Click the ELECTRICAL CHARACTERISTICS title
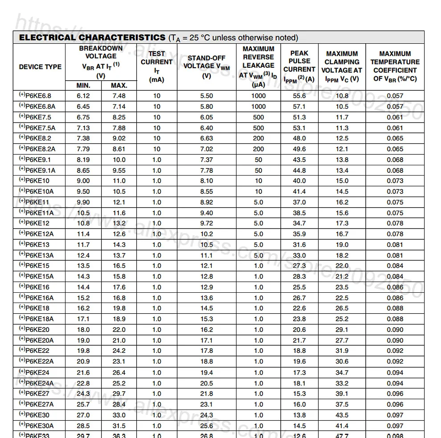pos(92,37)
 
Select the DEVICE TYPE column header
pos(40,67)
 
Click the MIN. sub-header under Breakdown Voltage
pos(83,86)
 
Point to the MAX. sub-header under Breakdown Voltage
pos(119,86)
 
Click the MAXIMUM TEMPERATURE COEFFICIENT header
pos(395,66)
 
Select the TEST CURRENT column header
pos(156,66)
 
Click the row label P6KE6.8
pos(38,96)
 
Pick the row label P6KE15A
pos(40,276)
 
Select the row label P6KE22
pos(38,351)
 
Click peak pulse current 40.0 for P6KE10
pos(299,181)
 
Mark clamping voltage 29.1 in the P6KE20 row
pos(342,330)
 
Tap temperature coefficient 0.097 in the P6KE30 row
pos(395,415)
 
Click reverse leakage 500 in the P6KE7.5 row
pos(258,117)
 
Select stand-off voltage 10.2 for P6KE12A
pos(207,234)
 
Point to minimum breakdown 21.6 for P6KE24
pos(83,373)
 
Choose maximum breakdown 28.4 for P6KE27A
pos(119,404)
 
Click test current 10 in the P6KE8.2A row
pos(157,149)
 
